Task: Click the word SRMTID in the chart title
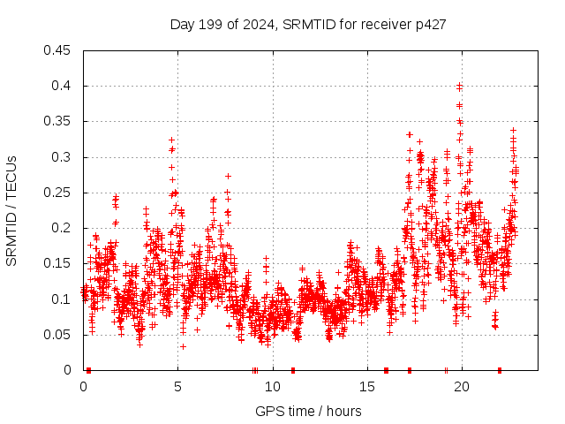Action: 302,24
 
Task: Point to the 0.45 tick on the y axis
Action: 58,50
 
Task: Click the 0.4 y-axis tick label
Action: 62,86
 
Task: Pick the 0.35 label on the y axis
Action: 58,121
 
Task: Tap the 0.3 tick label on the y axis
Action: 62,157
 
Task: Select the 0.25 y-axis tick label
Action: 58,193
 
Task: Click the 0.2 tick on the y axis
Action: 62,228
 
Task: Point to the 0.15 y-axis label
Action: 58,263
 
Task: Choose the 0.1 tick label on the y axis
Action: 62,299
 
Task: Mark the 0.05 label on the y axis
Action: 58,335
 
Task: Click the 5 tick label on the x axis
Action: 178,386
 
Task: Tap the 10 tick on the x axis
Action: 273,386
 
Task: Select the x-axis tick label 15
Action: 367,386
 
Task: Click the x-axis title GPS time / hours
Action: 308,411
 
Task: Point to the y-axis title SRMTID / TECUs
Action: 11,210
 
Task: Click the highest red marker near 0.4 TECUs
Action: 459,86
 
